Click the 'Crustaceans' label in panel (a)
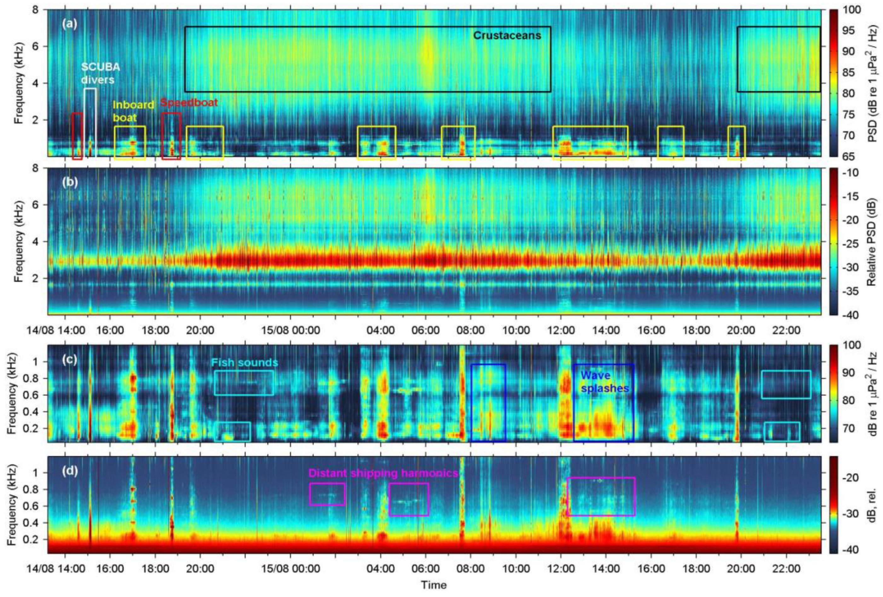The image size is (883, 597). click(x=507, y=36)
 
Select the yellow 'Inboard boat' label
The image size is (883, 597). click(x=133, y=111)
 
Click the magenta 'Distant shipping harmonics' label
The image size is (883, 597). click(x=383, y=473)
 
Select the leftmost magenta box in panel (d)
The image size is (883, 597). click(x=327, y=494)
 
